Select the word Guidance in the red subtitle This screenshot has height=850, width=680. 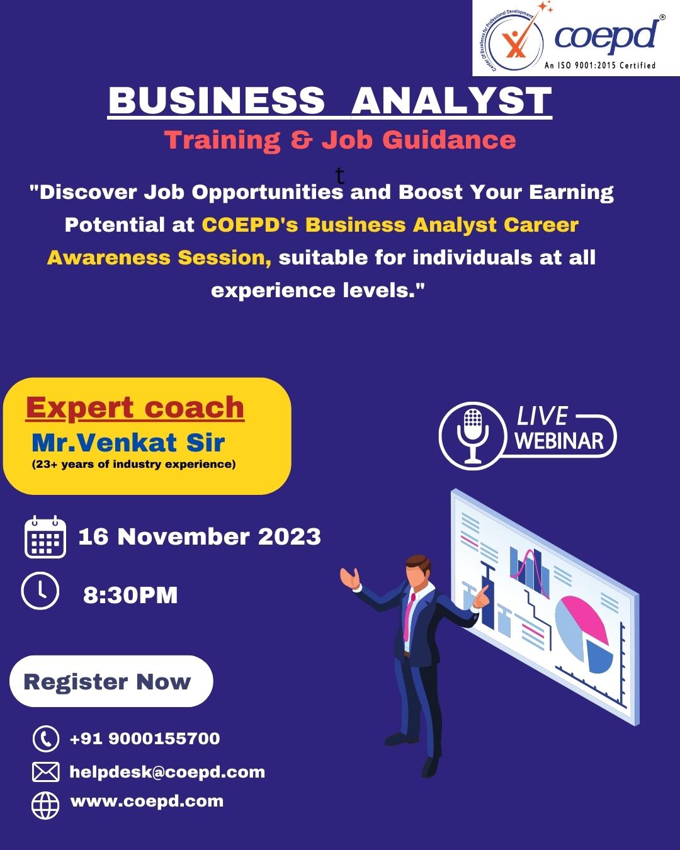449,140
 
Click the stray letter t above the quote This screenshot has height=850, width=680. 340,176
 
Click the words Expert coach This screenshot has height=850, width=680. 135,407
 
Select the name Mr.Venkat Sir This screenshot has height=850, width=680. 128,443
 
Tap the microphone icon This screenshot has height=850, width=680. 473,436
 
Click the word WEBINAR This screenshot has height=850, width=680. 559,441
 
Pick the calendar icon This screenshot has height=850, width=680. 45,537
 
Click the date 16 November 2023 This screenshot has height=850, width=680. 200,536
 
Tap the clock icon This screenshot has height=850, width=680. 40,591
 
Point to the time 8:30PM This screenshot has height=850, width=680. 130,595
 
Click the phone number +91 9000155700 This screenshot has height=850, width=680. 145,738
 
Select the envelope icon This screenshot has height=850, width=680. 45,772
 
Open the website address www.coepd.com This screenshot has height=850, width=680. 147,802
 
